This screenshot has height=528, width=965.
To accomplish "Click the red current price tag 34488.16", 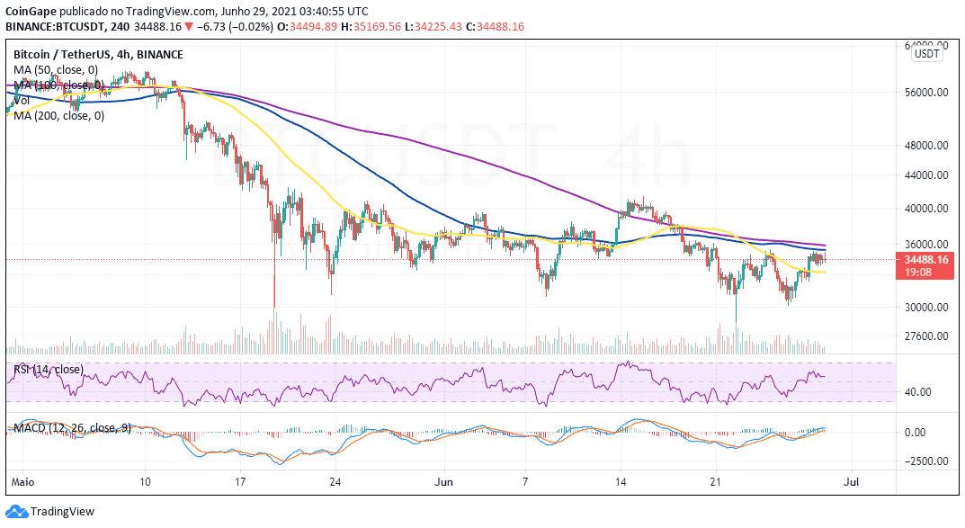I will point(926,260).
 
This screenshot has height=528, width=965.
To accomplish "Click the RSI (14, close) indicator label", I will point(49,370).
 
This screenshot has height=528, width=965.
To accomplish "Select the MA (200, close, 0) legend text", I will point(58,115).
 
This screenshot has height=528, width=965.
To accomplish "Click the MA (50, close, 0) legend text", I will point(55,69).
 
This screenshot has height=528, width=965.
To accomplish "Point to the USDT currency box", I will point(927,54).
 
